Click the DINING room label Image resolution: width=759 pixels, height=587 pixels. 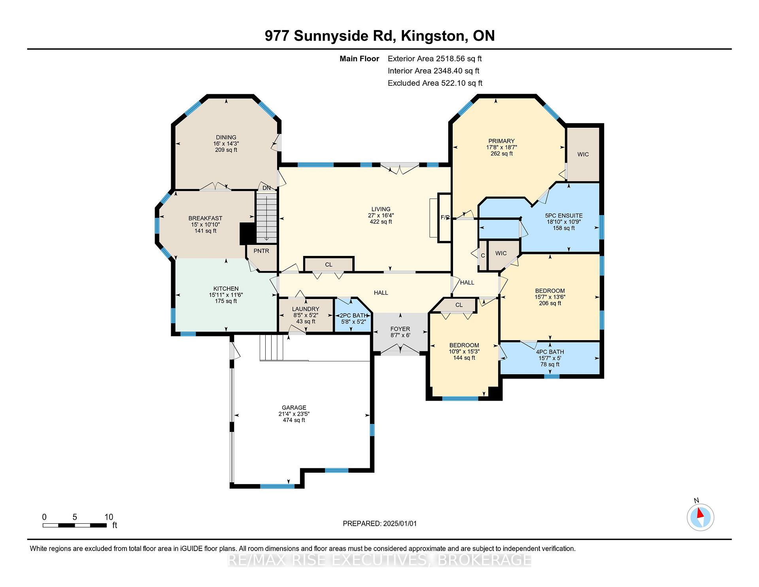(x=226, y=138)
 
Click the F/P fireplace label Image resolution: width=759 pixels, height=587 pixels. (x=445, y=217)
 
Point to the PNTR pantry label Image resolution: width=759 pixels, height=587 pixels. (x=261, y=251)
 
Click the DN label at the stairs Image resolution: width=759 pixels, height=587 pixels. (x=267, y=188)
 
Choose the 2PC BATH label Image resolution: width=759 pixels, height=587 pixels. (x=354, y=316)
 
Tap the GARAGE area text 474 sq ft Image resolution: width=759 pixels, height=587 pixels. (x=294, y=420)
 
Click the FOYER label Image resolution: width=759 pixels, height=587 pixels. (x=400, y=329)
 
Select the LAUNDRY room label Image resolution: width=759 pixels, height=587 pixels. (x=306, y=309)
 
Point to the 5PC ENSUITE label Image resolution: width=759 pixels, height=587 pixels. (x=564, y=216)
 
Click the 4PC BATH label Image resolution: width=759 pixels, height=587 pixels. (x=550, y=352)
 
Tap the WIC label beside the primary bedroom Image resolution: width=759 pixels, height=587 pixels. (x=583, y=154)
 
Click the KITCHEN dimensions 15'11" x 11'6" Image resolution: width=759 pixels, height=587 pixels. (x=226, y=295)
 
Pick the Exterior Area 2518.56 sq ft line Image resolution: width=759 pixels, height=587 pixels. (x=435, y=59)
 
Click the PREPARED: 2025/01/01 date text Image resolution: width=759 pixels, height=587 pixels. (x=380, y=523)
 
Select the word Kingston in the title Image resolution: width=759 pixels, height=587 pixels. (x=432, y=36)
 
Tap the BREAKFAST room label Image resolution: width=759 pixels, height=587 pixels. (x=205, y=218)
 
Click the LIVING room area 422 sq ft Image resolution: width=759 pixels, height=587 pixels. (x=381, y=222)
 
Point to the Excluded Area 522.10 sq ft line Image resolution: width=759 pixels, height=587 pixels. (x=435, y=83)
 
